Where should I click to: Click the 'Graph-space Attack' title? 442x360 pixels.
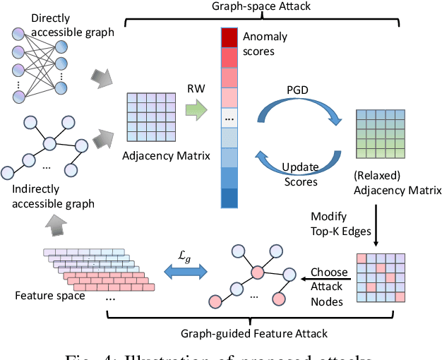[x=262, y=8]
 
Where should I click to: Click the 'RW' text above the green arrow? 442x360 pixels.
[x=196, y=90]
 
